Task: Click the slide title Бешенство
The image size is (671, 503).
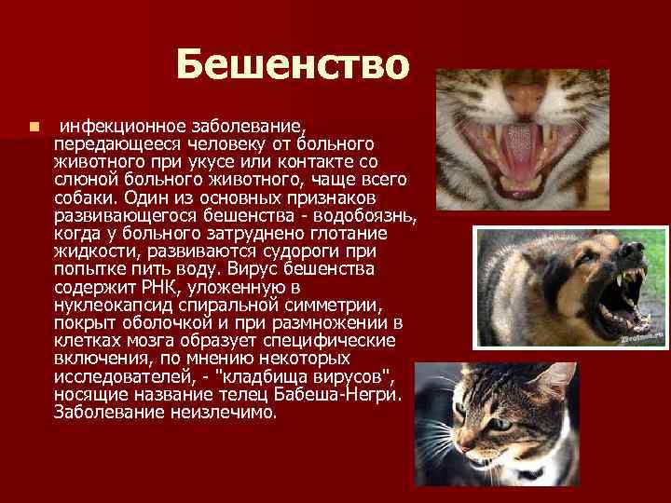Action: point(292,65)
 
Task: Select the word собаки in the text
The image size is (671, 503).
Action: point(84,198)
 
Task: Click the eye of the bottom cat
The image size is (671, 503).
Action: point(500,424)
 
